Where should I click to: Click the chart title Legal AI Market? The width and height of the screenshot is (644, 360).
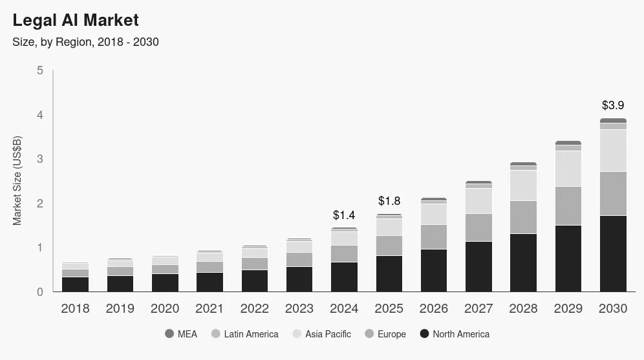(76, 21)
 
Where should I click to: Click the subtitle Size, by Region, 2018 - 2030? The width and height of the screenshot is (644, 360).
(86, 42)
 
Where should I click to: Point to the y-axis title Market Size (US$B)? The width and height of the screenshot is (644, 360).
(17, 180)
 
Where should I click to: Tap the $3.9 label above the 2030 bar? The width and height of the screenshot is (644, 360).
(612, 105)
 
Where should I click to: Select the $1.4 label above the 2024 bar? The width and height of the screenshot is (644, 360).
(344, 215)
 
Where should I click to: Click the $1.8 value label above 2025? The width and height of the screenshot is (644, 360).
(389, 201)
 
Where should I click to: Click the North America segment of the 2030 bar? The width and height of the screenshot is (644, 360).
(613, 253)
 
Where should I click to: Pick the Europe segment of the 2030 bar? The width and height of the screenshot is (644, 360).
(613, 193)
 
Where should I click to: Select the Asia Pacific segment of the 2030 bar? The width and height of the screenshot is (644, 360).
(613, 151)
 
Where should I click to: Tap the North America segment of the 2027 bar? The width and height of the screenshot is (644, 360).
(478, 266)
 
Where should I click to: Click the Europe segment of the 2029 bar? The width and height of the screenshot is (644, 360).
(568, 206)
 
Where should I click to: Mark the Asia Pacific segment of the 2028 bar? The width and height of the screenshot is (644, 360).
(523, 185)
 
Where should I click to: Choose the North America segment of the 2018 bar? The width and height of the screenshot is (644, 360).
(75, 284)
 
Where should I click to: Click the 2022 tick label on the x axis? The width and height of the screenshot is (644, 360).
(254, 309)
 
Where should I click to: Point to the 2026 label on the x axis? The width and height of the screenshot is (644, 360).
(434, 309)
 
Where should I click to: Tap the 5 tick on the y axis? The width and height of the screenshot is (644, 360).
(40, 70)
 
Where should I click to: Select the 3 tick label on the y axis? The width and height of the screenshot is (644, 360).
(40, 159)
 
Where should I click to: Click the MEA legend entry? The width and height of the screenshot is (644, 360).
(181, 334)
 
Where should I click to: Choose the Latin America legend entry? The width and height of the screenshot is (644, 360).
(244, 334)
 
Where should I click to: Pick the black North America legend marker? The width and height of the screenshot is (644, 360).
(424, 334)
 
